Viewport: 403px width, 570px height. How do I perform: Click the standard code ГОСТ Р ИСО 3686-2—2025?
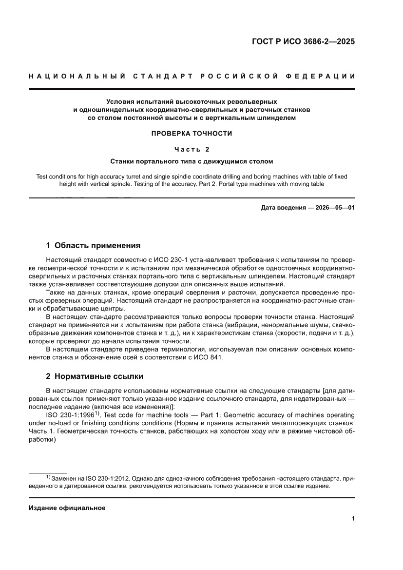[303, 41]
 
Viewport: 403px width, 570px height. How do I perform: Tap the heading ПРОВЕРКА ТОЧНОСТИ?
[192, 133]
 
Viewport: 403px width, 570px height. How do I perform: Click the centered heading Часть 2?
[192, 149]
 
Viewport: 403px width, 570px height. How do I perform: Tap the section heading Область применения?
[97, 245]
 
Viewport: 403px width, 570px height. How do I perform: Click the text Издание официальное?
[67, 508]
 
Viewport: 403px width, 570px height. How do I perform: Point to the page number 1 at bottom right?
[353, 519]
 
